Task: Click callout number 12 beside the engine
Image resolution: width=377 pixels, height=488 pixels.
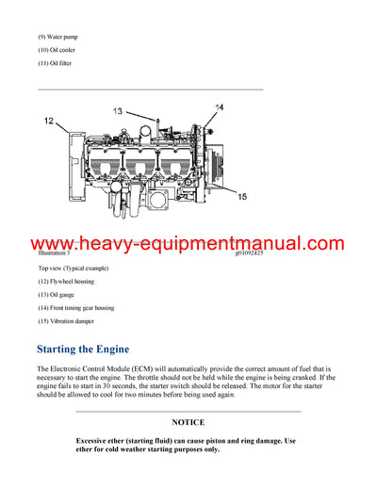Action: tap(48, 121)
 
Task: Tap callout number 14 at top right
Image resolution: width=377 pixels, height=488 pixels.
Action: tap(219, 108)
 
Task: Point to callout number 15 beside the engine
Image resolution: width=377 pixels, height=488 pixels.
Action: tap(242, 197)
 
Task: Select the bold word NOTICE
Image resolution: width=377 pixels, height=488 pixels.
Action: tap(188, 423)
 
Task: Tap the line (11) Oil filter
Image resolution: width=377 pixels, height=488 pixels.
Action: tap(55, 63)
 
